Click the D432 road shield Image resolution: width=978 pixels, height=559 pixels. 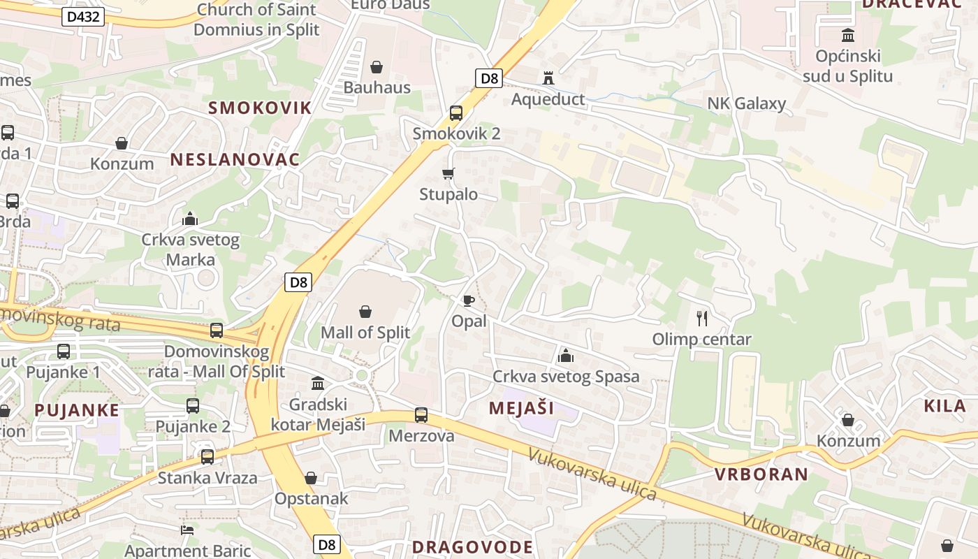tap(83, 17)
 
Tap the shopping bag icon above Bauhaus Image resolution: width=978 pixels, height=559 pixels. tap(377, 67)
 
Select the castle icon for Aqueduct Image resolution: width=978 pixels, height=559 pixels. tap(548, 78)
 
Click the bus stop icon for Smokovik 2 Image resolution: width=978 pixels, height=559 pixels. tap(456, 112)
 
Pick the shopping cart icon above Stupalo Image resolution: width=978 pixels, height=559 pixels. tap(448, 173)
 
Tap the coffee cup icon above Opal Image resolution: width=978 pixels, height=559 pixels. tap(468, 300)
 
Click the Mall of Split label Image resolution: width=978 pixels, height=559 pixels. tap(365, 332)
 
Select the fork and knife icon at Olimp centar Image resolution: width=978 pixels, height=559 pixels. tap(702, 319)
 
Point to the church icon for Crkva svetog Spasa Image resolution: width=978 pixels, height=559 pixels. tap(566, 356)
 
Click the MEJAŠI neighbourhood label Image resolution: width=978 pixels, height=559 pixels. tap(521, 408)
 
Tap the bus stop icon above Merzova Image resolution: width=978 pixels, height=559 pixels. tap(421, 415)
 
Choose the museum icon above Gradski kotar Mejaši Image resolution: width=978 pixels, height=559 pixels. tap(318, 383)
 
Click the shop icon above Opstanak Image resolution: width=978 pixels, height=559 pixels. tap(311, 478)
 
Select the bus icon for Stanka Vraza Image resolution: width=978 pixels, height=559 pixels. tap(207, 457)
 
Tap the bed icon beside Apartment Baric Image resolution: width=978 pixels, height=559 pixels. tap(187, 530)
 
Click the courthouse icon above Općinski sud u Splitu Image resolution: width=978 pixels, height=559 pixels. tap(848, 35)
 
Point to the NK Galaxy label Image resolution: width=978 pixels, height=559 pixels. tap(746, 103)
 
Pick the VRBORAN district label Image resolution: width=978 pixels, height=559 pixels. tap(761, 474)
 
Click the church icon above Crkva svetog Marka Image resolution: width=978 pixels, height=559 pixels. tap(190, 219)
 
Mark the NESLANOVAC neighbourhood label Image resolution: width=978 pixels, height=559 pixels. tap(235, 159)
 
